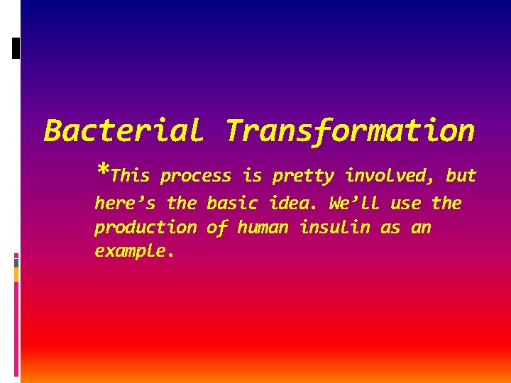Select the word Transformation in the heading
(350, 131)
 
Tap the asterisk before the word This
(103, 172)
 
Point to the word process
(196, 176)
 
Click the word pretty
(303, 176)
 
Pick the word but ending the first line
(461, 175)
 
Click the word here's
(125, 204)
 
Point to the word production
(145, 228)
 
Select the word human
(263, 228)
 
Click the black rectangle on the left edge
(16, 48)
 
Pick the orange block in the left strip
(16, 274)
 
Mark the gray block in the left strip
(16, 262)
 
